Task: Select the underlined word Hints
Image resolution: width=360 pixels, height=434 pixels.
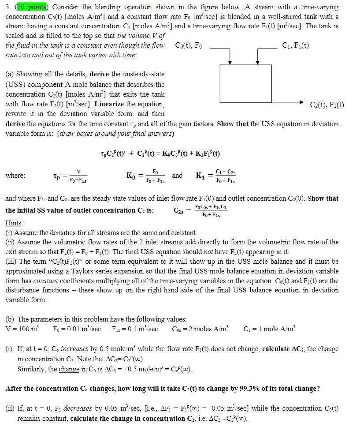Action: [14, 223]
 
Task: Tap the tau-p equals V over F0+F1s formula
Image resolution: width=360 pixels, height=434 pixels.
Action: [71, 176]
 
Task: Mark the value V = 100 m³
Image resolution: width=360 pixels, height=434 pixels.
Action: [22, 329]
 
